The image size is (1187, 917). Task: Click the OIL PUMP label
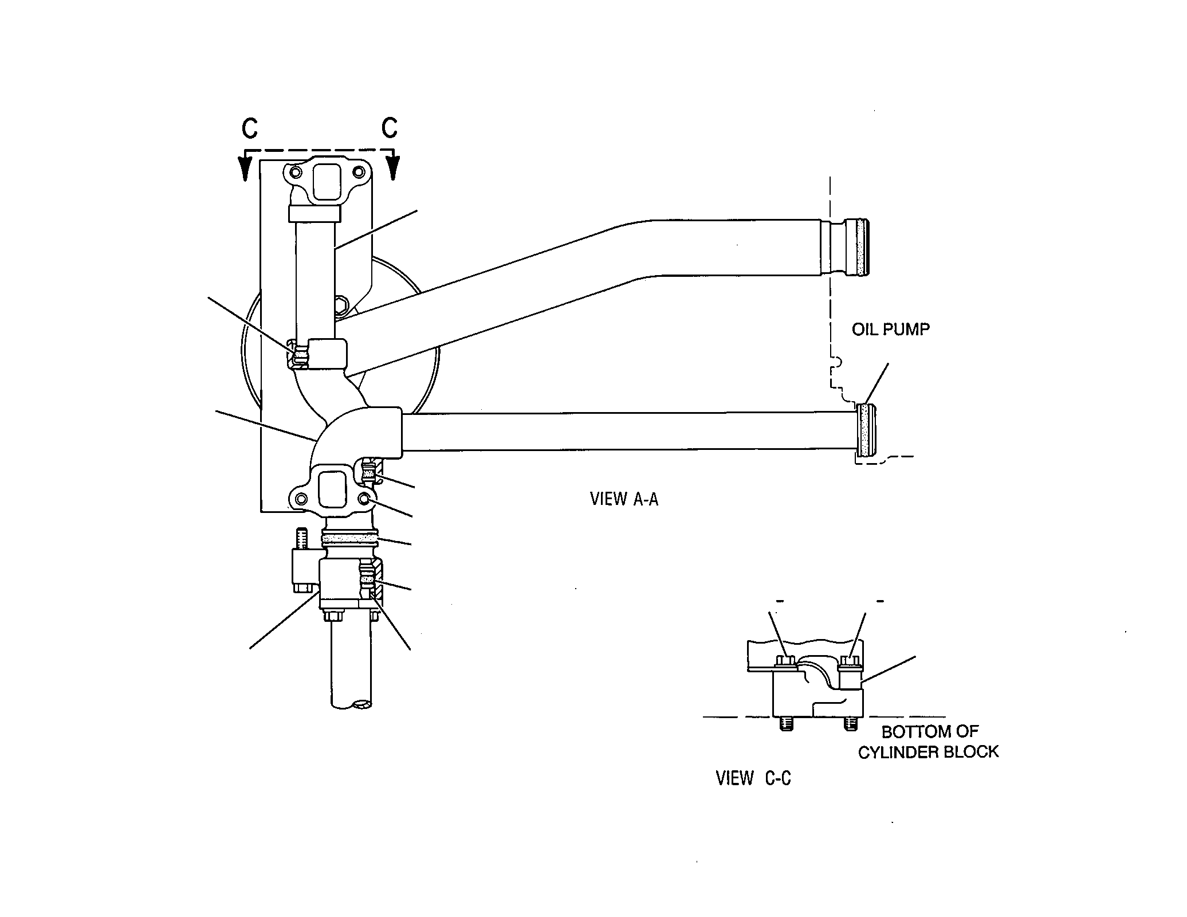(890, 330)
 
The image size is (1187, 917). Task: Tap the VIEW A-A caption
(624, 499)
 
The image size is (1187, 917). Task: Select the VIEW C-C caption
(753, 778)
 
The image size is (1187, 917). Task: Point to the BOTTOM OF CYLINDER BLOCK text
(928, 742)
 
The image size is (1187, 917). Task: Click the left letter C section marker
(250, 129)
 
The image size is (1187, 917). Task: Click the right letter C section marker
(390, 128)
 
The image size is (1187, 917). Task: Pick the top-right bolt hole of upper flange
(359, 172)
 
